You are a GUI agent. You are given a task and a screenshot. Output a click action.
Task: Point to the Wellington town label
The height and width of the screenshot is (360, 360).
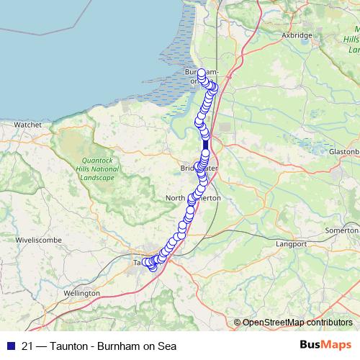pyautogui.click(x=81, y=294)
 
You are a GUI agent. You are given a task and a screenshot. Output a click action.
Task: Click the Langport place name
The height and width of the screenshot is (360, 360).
pyautogui.click(x=292, y=245)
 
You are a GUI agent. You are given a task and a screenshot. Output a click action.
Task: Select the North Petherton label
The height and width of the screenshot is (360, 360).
pyautogui.click(x=193, y=197)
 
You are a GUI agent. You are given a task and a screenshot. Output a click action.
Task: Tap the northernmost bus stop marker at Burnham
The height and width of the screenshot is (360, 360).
pyautogui.click(x=202, y=73)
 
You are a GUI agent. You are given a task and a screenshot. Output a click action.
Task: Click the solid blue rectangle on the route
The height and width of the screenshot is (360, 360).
pyautogui.click(x=206, y=145)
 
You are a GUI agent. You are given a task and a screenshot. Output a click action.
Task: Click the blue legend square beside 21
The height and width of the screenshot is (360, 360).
pyautogui.click(x=9, y=346)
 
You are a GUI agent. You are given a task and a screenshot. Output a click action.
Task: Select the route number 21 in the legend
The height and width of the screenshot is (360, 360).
pyautogui.click(x=28, y=346)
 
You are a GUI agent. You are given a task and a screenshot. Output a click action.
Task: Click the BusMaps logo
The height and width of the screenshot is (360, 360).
pyautogui.click(x=324, y=345)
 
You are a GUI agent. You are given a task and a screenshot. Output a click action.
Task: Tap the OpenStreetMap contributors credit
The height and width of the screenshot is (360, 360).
pyautogui.click(x=297, y=322)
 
